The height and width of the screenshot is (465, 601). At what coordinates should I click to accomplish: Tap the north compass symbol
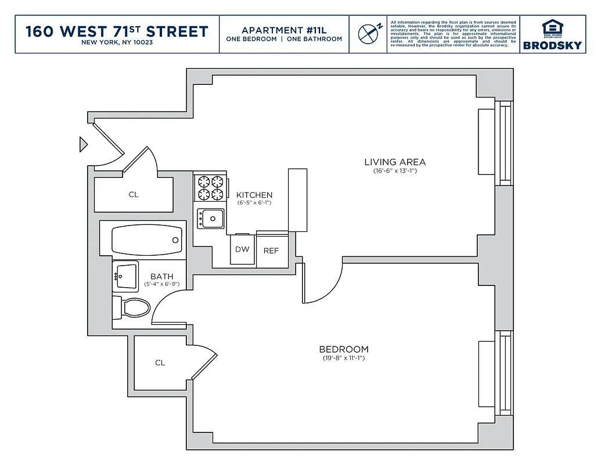[x=368, y=34]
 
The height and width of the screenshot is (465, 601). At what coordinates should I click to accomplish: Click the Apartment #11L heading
[x=284, y=30]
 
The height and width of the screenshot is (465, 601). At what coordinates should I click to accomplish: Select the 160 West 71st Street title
[x=117, y=31]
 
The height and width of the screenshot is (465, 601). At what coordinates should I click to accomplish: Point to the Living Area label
[x=395, y=162]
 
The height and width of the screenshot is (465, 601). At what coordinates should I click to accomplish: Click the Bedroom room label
[x=344, y=349]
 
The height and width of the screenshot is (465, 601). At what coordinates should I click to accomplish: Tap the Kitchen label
[x=254, y=195]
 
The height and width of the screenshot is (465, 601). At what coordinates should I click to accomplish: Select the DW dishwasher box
[x=242, y=250]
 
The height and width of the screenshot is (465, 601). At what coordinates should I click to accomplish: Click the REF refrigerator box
[x=271, y=251]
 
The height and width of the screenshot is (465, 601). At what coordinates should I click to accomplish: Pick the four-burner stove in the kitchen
[x=210, y=188]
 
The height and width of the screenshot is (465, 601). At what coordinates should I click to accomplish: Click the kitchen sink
[x=211, y=219]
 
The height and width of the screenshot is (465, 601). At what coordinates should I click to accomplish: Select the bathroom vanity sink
[x=125, y=276]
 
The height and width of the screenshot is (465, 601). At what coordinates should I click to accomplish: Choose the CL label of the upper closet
[x=134, y=195]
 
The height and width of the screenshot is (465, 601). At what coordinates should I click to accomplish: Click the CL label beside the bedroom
[x=160, y=363]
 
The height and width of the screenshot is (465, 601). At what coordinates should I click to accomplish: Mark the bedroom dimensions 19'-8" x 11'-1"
[x=344, y=359]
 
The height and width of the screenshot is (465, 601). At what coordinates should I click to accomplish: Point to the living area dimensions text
[x=395, y=171]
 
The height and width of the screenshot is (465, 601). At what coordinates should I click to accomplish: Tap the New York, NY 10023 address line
[x=117, y=42]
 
